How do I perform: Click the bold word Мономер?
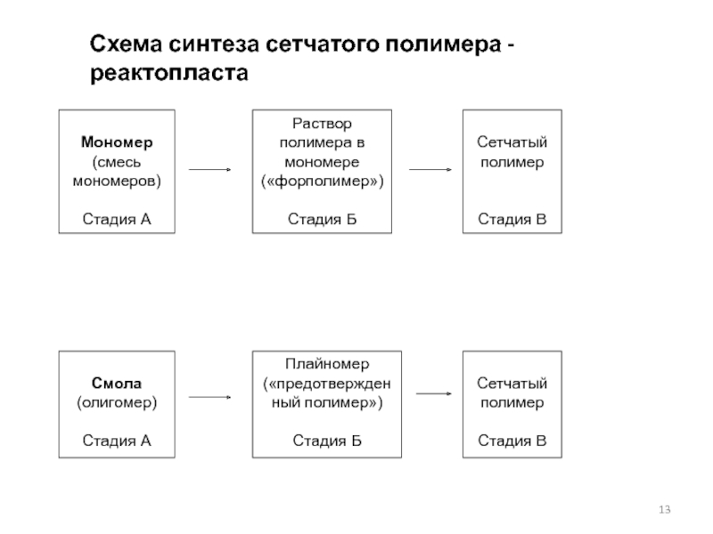[x=117, y=142]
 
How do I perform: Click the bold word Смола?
[x=117, y=384]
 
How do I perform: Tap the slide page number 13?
[x=664, y=509]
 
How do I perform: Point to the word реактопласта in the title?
[x=169, y=73]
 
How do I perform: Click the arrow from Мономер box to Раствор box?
[x=210, y=169]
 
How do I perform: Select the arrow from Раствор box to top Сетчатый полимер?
[x=430, y=169]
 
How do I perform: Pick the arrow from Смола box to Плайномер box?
[x=210, y=397]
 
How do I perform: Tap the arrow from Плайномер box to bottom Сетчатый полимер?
[x=434, y=393]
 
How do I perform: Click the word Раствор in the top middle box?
[x=322, y=124]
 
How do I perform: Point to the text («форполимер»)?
[x=323, y=182]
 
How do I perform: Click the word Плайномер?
[x=327, y=364]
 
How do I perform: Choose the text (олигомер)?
[x=117, y=403]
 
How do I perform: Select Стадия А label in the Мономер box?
[x=117, y=219]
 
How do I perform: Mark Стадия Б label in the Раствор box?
[x=322, y=219]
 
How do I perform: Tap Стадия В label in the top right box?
[x=512, y=219]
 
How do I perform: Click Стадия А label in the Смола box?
[x=117, y=441]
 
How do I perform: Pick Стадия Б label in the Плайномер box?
[x=327, y=441]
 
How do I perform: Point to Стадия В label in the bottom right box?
[x=512, y=441]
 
